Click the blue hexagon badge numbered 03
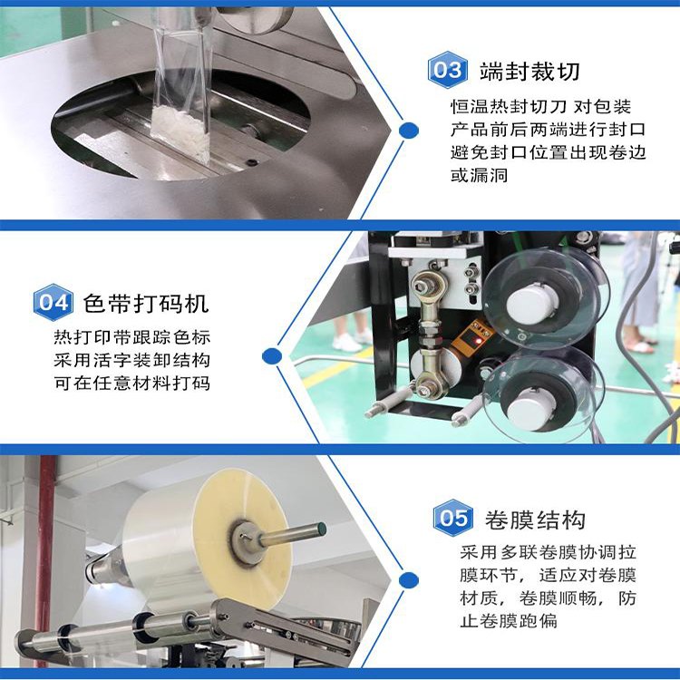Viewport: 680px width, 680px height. tap(447, 70)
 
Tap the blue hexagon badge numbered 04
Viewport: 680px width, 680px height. tap(53, 302)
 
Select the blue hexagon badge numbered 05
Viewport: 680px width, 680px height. tap(452, 518)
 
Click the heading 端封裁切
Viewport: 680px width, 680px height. tap(529, 72)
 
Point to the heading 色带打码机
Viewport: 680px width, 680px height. tap(146, 303)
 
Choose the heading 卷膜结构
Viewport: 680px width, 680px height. tap(535, 520)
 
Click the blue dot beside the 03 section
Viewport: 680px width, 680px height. tap(408, 130)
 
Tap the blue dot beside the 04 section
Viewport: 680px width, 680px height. tap(272, 356)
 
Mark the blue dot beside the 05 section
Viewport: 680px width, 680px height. tap(408, 580)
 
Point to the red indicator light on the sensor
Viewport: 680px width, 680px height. tap(479, 341)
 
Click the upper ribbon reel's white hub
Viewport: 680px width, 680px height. tap(531, 303)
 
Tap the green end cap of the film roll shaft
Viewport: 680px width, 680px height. tap(321, 529)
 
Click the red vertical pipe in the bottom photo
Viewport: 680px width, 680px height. tap(44, 542)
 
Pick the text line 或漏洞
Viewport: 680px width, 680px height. tap(479, 175)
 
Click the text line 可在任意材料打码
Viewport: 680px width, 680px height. tap(132, 383)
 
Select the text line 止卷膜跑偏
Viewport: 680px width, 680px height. tap(509, 620)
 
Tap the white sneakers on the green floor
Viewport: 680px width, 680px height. tap(351, 340)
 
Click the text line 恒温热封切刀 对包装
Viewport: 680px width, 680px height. tap(540, 106)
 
